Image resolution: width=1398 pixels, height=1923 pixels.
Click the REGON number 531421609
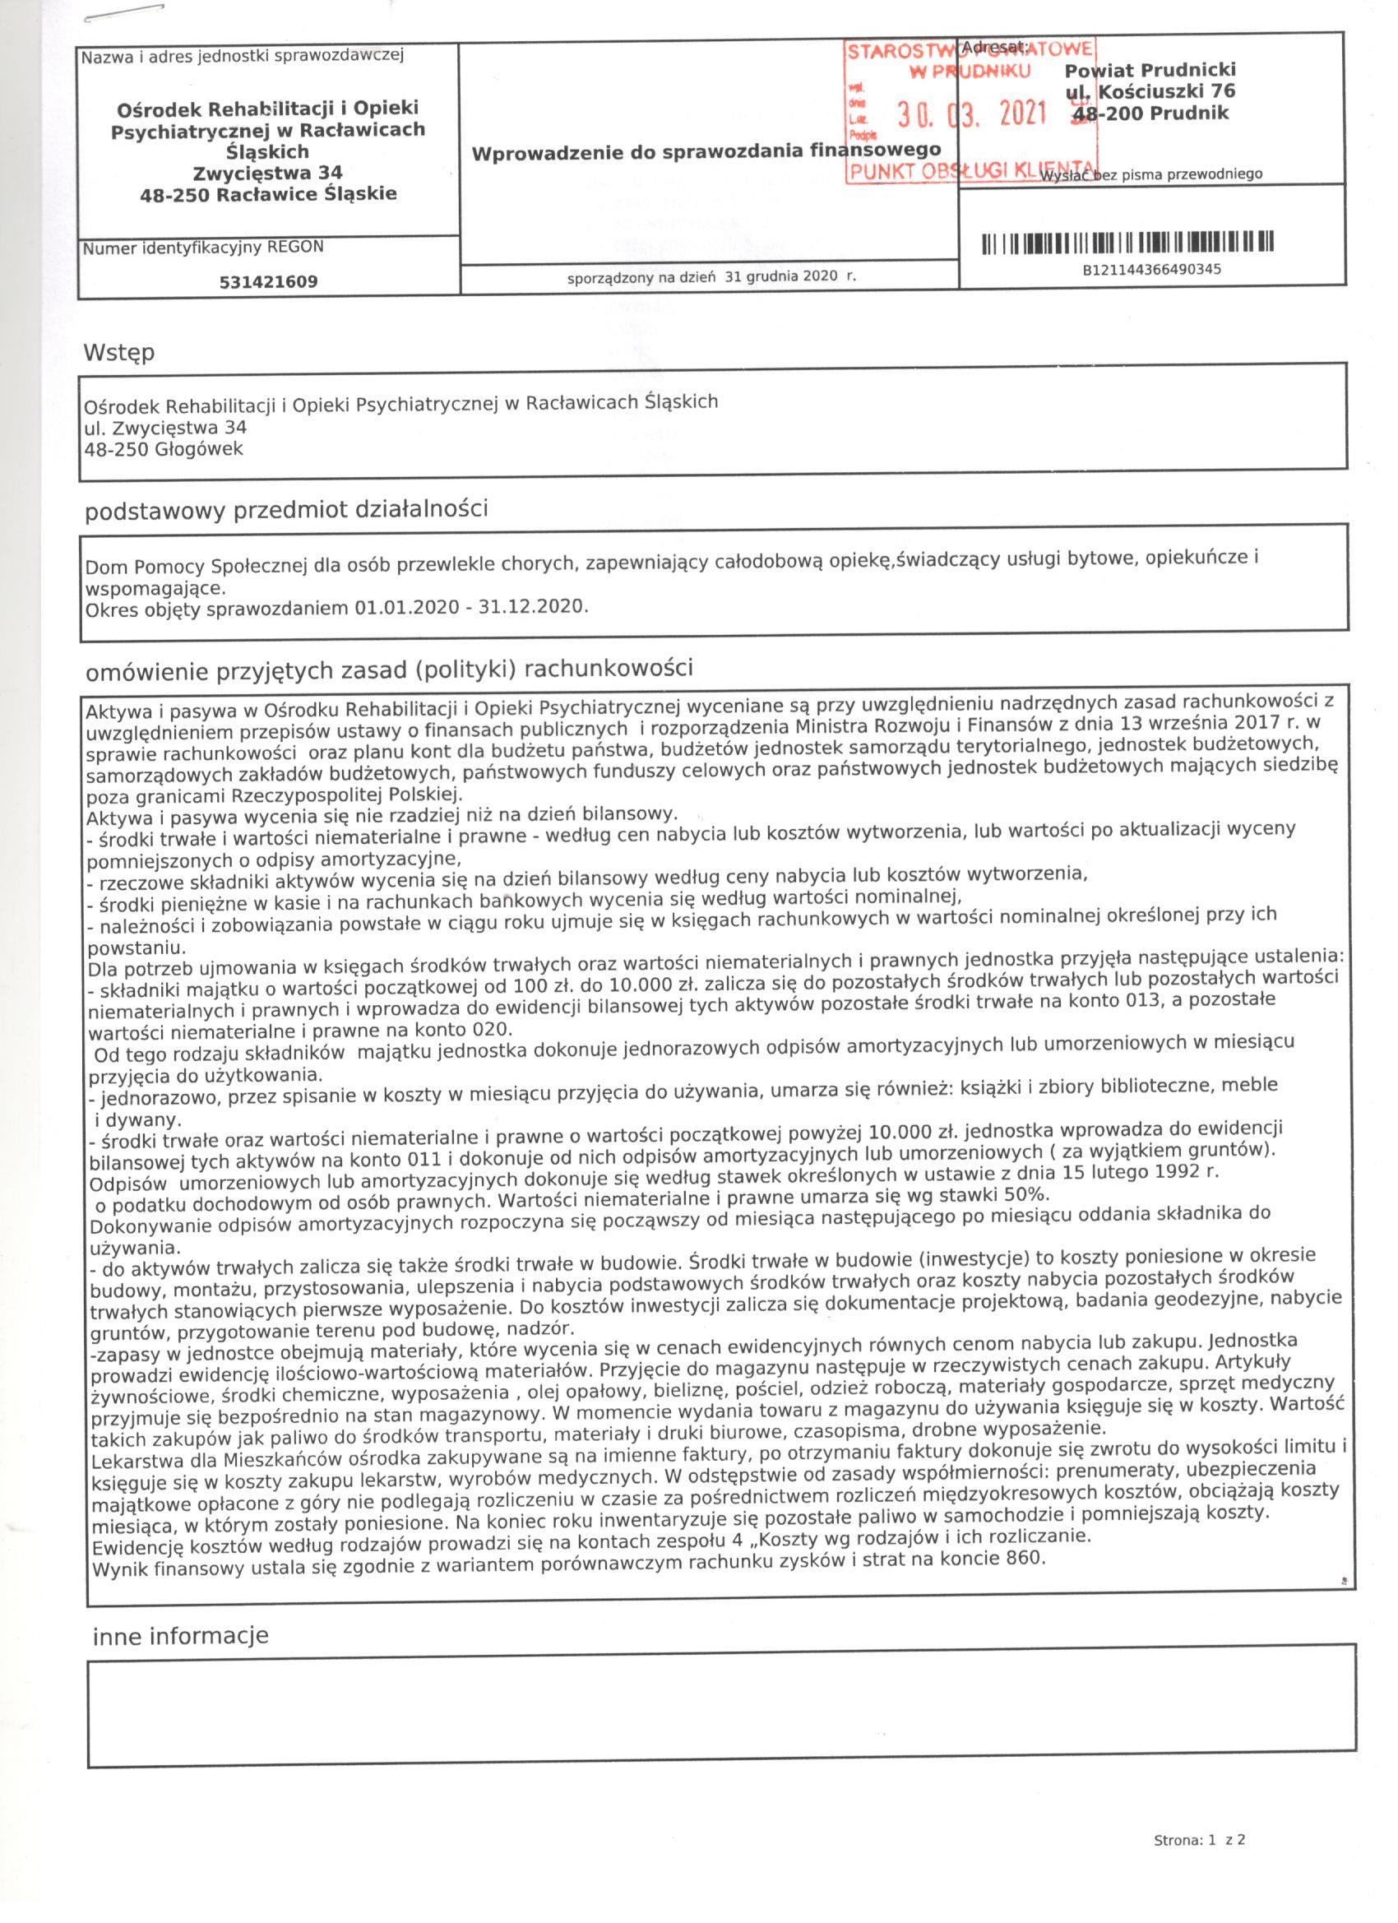click(x=268, y=282)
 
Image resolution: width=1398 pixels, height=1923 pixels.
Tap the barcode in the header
click(x=1127, y=243)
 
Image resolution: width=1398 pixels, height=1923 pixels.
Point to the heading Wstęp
click(x=118, y=353)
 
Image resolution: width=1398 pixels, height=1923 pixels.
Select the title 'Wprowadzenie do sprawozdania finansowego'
click(x=706, y=152)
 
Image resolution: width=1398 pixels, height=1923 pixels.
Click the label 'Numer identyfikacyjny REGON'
click(x=202, y=248)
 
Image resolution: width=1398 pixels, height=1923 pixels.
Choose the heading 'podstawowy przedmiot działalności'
click(x=285, y=511)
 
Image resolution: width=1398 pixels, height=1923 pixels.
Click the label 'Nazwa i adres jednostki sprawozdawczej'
click(x=243, y=57)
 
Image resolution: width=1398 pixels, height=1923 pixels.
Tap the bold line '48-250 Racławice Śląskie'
click(x=269, y=194)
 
